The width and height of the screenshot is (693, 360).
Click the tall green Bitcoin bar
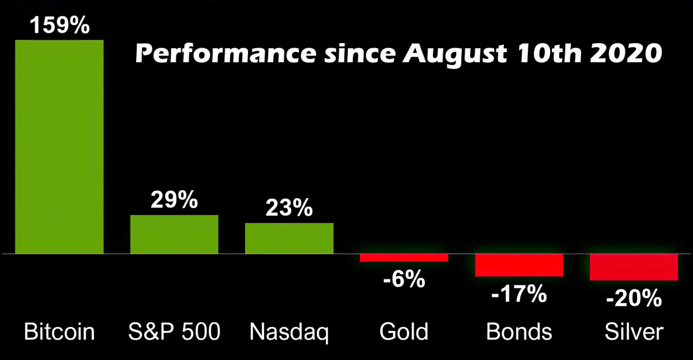tap(59, 147)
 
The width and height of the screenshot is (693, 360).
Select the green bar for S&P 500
tap(174, 235)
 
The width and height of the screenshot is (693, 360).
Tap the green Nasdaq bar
tap(289, 239)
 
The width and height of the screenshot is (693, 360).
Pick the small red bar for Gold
tap(404, 258)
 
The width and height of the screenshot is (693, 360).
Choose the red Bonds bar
tap(519, 265)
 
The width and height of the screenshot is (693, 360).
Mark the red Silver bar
tap(634, 267)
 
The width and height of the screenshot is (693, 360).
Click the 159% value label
tap(59, 26)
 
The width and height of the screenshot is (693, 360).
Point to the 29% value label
tap(174, 200)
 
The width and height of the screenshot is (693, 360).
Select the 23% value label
tap(289, 208)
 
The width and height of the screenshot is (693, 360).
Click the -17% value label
tap(519, 293)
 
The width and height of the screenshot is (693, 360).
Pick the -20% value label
tap(634, 298)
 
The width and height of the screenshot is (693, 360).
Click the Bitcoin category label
tap(59, 332)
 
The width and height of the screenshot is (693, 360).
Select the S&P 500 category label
tap(174, 332)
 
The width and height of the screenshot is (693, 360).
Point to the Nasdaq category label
tap(289, 332)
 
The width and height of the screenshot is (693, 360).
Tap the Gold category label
tap(404, 332)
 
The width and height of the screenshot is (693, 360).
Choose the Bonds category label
tap(519, 332)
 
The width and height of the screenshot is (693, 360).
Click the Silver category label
tap(634, 332)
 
